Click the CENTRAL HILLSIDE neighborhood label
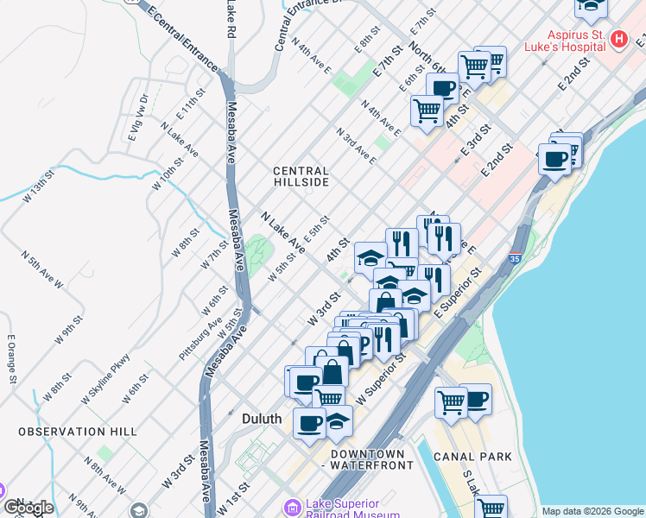click(301, 177)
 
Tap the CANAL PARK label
click(472, 457)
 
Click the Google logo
click(28, 508)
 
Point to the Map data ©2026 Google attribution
click(592, 511)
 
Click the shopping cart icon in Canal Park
click(451, 401)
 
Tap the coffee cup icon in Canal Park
click(475, 399)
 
